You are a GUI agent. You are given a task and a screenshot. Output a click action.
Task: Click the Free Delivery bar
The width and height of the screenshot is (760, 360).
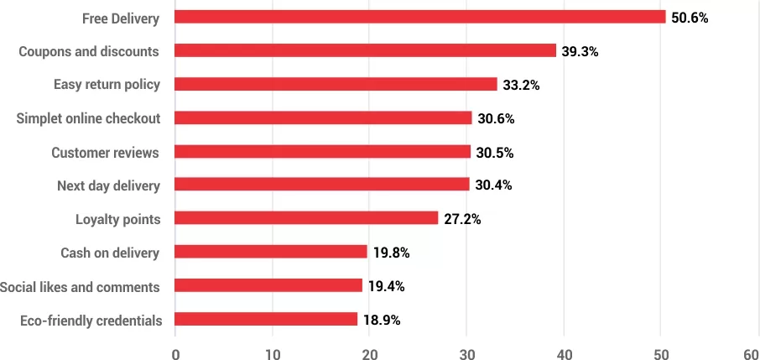(x=419, y=17)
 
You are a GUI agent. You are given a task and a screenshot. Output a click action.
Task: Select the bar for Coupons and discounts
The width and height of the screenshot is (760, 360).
(x=365, y=50)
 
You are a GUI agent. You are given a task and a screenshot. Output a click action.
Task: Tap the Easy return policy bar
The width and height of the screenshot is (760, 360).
(x=336, y=84)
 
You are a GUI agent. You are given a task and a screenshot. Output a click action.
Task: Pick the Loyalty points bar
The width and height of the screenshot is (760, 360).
(x=306, y=218)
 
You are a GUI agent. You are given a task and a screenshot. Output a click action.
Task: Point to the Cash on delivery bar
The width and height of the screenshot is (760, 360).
(x=271, y=252)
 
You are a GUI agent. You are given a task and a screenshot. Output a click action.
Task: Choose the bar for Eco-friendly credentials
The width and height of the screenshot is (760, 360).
(x=266, y=319)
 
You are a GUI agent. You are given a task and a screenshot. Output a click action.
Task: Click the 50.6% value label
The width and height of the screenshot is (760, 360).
(x=690, y=18)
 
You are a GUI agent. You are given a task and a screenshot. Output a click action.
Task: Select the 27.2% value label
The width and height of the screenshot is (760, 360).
(x=462, y=219)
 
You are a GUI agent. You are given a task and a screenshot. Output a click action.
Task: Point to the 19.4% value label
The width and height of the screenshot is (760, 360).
(x=387, y=286)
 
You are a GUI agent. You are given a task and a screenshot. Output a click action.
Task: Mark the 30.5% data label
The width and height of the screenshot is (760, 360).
(x=495, y=152)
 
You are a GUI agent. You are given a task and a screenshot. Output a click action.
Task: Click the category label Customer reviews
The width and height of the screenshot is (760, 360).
(x=105, y=153)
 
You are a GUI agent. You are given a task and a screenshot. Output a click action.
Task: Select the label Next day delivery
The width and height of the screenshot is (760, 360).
(x=108, y=185)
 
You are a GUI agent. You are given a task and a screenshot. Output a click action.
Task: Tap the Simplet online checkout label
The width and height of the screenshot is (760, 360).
(x=88, y=118)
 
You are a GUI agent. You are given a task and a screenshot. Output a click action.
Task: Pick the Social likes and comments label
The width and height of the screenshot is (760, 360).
(x=80, y=287)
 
